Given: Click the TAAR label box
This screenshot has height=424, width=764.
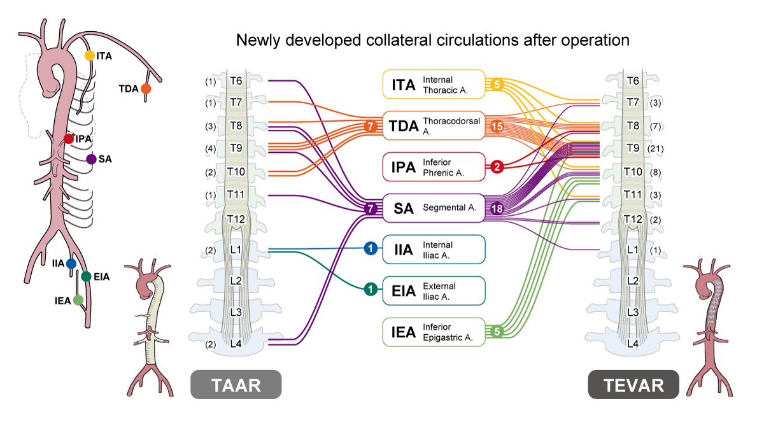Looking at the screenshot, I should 236,385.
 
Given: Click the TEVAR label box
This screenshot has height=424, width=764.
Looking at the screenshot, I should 633,385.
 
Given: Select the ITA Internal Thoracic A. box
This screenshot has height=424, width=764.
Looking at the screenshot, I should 434,85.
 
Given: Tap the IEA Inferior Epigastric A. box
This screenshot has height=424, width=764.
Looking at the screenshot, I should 434,332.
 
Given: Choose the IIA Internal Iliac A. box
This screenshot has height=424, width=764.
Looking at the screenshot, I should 434,249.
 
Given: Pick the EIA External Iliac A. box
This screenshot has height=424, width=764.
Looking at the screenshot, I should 434,290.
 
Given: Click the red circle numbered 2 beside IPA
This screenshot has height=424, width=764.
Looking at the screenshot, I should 497,167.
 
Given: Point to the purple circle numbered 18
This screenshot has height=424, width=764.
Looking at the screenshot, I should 497,208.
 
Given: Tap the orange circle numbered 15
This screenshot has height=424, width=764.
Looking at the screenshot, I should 497,126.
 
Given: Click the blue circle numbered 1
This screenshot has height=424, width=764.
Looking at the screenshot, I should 369,249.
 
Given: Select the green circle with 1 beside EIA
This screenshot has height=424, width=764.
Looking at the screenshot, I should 369,290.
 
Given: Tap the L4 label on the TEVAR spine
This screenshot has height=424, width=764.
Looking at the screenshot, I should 633,343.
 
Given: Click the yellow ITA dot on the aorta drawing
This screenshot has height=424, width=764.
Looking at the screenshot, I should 90,56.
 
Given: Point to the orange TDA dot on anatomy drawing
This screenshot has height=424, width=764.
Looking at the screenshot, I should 146,89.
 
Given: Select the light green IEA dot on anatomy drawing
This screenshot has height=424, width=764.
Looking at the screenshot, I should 78,299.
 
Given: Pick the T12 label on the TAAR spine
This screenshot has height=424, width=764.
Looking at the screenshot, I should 236,219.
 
